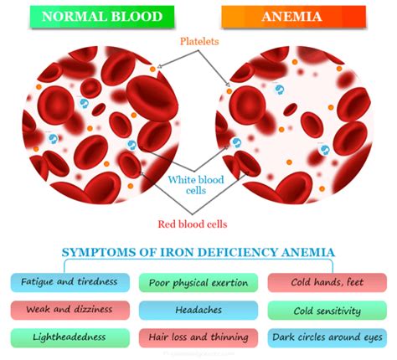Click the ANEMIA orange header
coord(294,17)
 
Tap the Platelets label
coord(202,41)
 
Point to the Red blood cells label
coord(194,224)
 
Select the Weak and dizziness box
coord(70,310)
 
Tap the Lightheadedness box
coord(70,338)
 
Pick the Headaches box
coord(198,310)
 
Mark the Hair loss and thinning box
coord(198,338)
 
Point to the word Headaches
coord(198,310)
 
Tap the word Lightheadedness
coord(70,338)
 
